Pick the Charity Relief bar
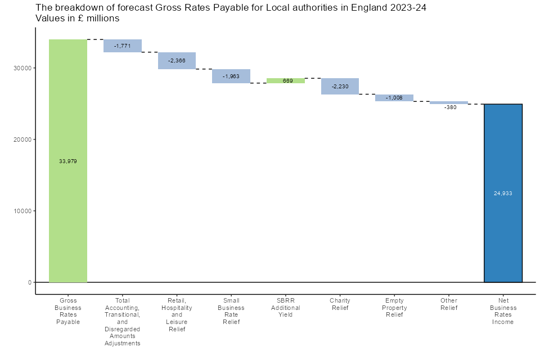pyautogui.click(x=340, y=86)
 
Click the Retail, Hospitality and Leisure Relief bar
pyautogui.click(x=177, y=60)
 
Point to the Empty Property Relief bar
pyautogui.click(x=394, y=98)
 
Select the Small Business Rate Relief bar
pyautogui.click(x=231, y=76)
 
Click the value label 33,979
pyautogui.click(x=67, y=161)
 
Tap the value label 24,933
pyautogui.click(x=503, y=193)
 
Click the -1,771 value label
pyautogui.click(x=122, y=46)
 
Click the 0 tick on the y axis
pyautogui.click(x=29, y=282)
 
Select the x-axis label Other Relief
pyautogui.click(x=449, y=304)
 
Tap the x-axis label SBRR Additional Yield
pyautogui.click(x=286, y=308)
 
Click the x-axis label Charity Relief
pyautogui.click(x=340, y=304)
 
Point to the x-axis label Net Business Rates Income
pyautogui.click(x=503, y=311)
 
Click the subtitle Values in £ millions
pyautogui.click(x=78, y=19)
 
